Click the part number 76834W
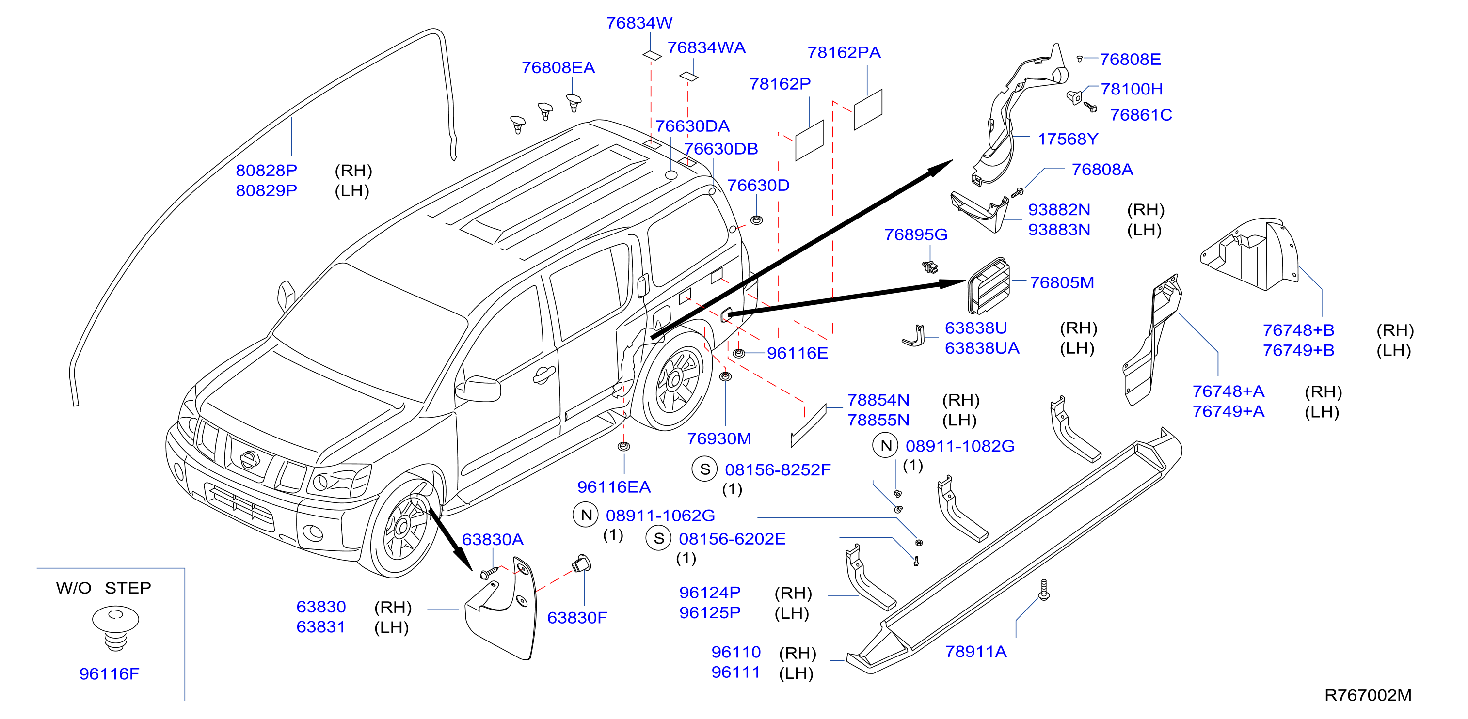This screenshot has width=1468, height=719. click(639, 23)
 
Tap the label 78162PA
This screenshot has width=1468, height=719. click(844, 52)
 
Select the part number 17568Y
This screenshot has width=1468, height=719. click(1068, 139)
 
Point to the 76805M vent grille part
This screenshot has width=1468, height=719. click(989, 285)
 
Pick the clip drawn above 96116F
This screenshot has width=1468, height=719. click(116, 628)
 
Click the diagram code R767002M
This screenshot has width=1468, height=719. click(1368, 695)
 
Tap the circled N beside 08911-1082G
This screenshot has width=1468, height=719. click(886, 446)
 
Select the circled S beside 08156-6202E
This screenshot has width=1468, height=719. click(659, 538)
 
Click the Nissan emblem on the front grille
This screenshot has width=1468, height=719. click(249, 459)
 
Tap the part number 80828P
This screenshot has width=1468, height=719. click(266, 171)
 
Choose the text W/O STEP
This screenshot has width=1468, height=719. click(104, 588)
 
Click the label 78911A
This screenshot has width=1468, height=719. click(975, 652)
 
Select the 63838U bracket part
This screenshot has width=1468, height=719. click(914, 336)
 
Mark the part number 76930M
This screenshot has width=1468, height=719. click(718, 438)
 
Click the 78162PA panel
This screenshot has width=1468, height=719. click(868, 109)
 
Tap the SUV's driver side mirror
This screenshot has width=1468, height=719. click(480, 389)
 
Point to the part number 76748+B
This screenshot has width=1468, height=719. click(1299, 330)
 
